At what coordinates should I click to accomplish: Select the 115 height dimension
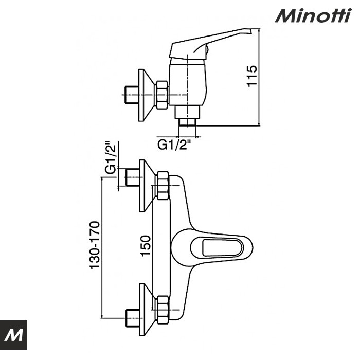pyautogui.click(x=251, y=76)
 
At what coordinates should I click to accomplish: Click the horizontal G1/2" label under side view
pyautogui.click(x=174, y=145)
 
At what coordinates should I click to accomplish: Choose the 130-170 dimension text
pyautogui.click(x=95, y=245)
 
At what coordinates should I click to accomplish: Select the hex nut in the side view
pyautogui.click(x=162, y=95)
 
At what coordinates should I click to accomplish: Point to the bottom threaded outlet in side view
pyautogui.click(x=187, y=122)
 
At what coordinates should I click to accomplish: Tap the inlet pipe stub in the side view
pyautogui.click(x=131, y=95)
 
